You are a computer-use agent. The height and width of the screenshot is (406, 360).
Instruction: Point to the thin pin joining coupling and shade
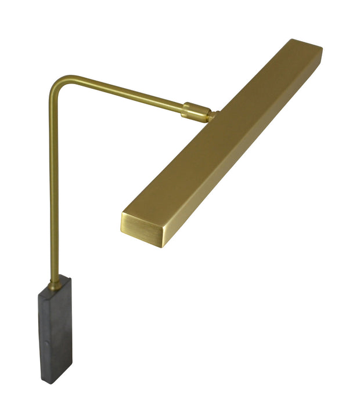[213, 117]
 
